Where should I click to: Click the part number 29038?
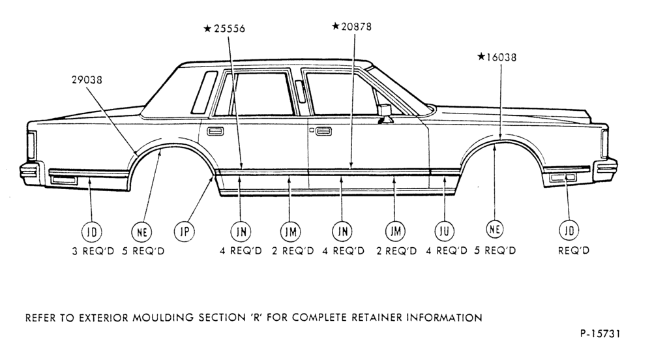coord(87,80)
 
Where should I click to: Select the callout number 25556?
coord(230,29)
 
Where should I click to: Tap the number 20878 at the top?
coord(357,27)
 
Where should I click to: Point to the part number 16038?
coord(501,57)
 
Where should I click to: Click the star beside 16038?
coord(481,56)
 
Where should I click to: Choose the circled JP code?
coord(185,231)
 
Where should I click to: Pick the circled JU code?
coord(445,231)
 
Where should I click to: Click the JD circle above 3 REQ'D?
coord(91,232)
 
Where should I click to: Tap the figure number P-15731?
coord(600,334)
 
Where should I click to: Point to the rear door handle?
coord(215,131)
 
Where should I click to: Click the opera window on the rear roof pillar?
coord(204,93)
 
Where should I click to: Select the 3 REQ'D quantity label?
coord(93,251)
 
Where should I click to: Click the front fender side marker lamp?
coord(563,178)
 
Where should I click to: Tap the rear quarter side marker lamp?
coord(63,179)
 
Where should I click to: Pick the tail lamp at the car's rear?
coord(31,145)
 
